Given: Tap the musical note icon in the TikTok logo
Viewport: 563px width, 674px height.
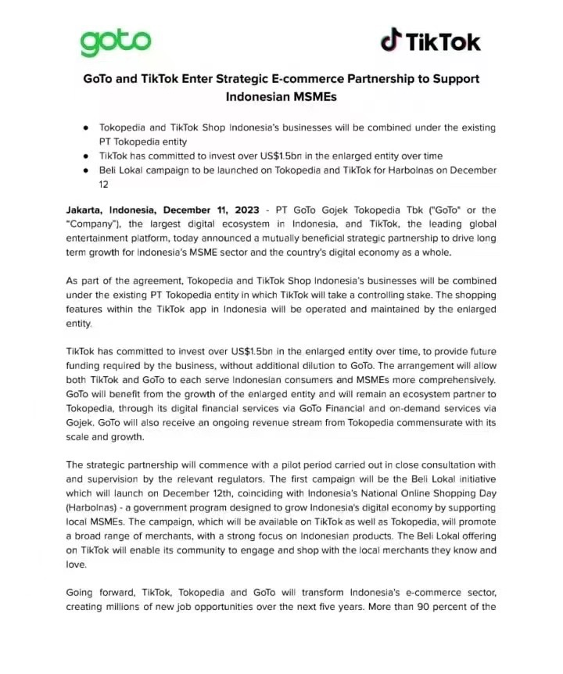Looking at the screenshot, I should [x=391, y=39].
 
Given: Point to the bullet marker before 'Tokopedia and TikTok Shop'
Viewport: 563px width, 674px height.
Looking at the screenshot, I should [x=85, y=127].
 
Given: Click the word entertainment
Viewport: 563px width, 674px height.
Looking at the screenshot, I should [x=99, y=238].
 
